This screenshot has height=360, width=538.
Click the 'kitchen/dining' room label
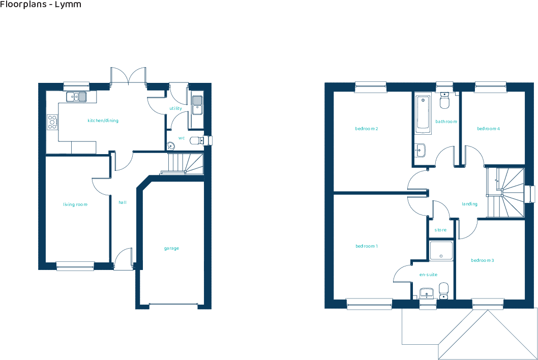(103, 121)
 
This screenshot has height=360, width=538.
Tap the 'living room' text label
(75, 204)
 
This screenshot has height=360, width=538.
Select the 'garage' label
(171, 249)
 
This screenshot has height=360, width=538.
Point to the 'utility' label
(175, 108)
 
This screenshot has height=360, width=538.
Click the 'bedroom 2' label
(366, 129)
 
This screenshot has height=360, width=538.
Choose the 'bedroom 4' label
(488, 129)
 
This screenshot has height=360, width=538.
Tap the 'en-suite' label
(428, 275)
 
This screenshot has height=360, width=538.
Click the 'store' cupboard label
(440, 230)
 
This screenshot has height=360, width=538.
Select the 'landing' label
(469, 204)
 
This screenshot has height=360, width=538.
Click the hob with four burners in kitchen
(52, 121)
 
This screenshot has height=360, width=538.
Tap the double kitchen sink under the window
(77, 96)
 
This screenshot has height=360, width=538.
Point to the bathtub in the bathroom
(423, 114)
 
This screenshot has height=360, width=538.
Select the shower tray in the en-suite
(441, 251)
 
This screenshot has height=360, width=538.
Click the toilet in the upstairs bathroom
(444, 101)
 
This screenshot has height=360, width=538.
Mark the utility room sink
(197, 104)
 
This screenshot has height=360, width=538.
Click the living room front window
(75, 265)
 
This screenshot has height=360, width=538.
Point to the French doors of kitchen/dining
(129, 76)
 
